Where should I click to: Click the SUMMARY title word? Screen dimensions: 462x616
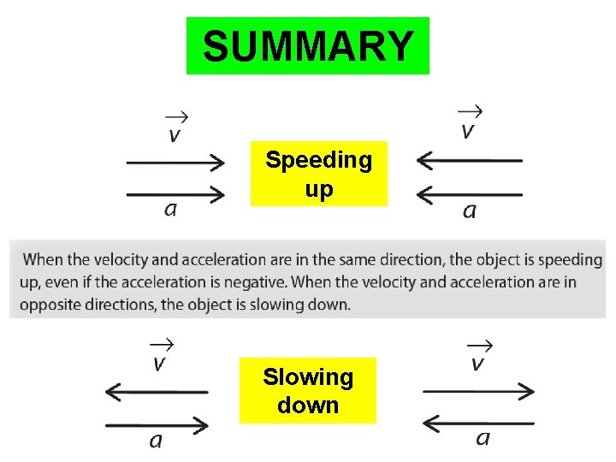pos(308,46)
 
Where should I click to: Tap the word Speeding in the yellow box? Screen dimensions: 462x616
pos(318,160)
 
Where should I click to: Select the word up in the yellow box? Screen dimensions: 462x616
pos(318,189)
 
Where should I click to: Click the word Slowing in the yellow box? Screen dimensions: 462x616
pos(307,376)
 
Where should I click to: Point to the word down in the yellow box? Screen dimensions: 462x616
pos(307,405)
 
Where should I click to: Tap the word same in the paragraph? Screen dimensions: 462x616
pos(359,259)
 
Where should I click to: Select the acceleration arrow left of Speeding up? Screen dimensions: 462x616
pos(175,194)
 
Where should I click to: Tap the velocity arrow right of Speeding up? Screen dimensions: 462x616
pos(469,160)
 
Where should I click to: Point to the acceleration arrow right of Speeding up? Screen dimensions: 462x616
pos(469,194)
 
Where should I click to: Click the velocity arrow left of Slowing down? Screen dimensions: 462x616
pos(156,392)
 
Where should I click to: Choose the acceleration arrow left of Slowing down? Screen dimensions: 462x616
pos(156,424)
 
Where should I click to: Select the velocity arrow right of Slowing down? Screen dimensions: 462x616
pos(479,391)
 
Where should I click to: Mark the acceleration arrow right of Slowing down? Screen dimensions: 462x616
pos(479,423)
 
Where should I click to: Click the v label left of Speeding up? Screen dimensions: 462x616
pos(175,135)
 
